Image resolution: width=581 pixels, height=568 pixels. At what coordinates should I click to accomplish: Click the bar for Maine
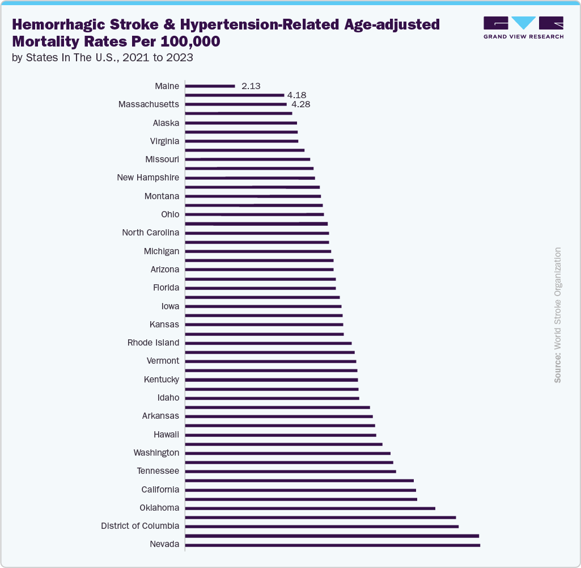[x=210, y=86]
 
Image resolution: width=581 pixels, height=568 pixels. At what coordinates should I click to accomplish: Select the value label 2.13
[x=251, y=86]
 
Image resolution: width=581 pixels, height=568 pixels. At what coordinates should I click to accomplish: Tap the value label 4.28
[x=300, y=104]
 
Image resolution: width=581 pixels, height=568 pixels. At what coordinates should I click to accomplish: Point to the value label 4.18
[x=296, y=95]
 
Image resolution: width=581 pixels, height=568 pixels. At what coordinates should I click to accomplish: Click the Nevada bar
[x=333, y=545]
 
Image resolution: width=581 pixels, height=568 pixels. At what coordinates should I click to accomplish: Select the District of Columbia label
[x=140, y=526]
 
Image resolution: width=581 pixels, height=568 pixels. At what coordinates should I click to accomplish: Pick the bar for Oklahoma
[x=310, y=508]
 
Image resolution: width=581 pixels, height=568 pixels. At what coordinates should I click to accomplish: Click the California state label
[x=160, y=490]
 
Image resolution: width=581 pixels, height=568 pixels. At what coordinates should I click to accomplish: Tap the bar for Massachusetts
[x=236, y=104]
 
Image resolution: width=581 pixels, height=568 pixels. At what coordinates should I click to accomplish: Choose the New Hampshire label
[x=148, y=178]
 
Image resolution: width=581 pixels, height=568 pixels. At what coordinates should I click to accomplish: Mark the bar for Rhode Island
[x=269, y=343]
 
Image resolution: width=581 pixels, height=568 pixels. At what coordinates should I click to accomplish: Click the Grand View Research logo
[x=523, y=28]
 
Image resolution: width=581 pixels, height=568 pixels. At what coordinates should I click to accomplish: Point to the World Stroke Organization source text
[x=558, y=315]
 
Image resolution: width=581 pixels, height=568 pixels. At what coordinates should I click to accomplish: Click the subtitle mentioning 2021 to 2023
[x=103, y=57]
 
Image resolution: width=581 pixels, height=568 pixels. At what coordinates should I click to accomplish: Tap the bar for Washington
[x=288, y=453]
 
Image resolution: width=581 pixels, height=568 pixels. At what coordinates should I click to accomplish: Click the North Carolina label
[x=151, y=233]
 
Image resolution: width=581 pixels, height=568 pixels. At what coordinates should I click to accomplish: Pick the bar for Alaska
[x=241, y=123]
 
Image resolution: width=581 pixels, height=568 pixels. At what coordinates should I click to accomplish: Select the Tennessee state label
[x=158, y=471]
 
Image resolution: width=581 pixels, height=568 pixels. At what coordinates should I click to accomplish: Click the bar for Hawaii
[x=281, y=435]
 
